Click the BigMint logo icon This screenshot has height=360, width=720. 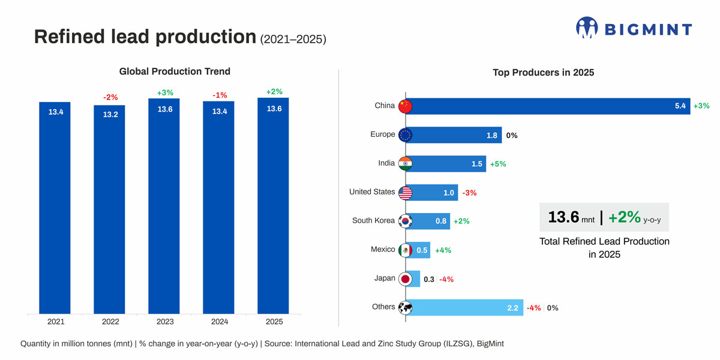pyautogui.click(x=587, y=28)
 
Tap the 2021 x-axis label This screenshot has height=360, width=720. pyautogui.click(x=56, y=322)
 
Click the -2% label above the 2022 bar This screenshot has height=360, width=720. pyautogui.click(x=110, y=97)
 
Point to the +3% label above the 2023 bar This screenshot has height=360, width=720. pyautogui.click(x=165, y=92)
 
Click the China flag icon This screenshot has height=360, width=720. pyautogui.click(x=406, y=106)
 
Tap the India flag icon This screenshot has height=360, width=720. pyautogui.click(x=406, y=164)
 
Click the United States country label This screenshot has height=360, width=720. pyautogui.click(x=372, y=192)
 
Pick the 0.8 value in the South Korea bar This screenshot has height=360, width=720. pyautogui.click(x=441, y=221)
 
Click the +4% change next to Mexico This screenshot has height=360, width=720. pyautogui.click(x=443, y=250)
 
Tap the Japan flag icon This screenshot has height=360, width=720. pyautogui.click(x=406, y=279)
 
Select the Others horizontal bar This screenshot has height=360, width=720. pyautogui.click(x=465, y=308)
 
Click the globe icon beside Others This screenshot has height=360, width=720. pyautogui.click(x=406, y=308)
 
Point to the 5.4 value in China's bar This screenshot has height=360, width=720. pyautogui.click(x=680, y=106)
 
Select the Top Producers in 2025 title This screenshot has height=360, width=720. pyautogui.click(x=543, y=73)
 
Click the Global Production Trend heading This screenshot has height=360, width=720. pyautogui.click(x=175, y=71)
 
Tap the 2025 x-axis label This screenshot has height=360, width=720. pyautogui.click(x=274, y=322)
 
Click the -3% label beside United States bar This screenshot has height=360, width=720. pyautogui.click(x=469, y=193)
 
